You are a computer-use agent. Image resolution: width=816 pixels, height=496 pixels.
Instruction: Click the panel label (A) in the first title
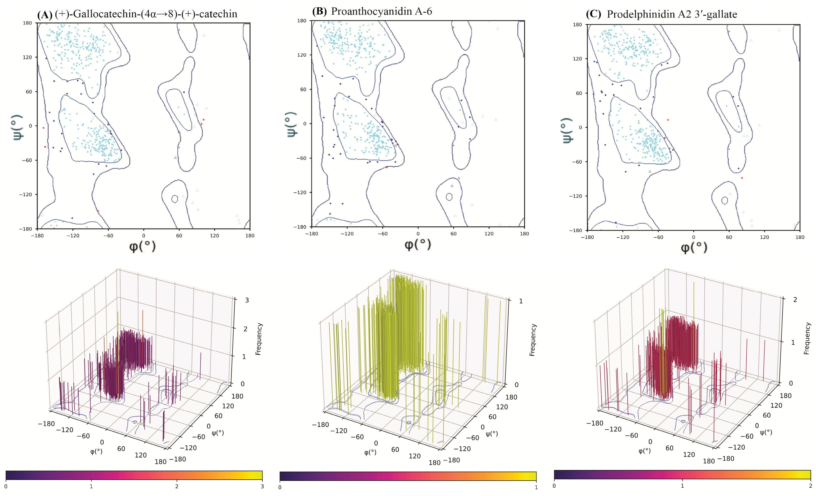pos(45,15)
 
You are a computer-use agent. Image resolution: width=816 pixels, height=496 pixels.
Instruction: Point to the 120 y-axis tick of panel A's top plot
pos(27,57)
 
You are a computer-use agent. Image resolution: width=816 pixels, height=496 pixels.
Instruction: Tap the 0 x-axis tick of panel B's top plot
pos(418,234)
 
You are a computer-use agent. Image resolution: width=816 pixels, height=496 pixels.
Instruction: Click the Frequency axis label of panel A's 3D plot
pos(259,339)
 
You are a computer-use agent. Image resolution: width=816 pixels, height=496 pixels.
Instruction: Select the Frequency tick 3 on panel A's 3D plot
pos(247,300)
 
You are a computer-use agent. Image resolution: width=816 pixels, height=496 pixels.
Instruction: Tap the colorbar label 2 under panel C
pos(810,486)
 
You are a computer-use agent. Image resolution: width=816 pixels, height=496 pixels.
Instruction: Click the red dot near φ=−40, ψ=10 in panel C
pos(668,120)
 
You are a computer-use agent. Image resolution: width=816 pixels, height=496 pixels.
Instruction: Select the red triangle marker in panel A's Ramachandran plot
pos(175,158)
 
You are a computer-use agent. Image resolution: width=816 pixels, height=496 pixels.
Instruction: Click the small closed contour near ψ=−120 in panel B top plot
pos(449,197)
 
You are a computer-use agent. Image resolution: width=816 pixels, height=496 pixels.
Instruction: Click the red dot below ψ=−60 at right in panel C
pos(742,178)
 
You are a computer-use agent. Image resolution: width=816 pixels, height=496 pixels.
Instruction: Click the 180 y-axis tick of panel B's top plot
pos(301,21)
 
